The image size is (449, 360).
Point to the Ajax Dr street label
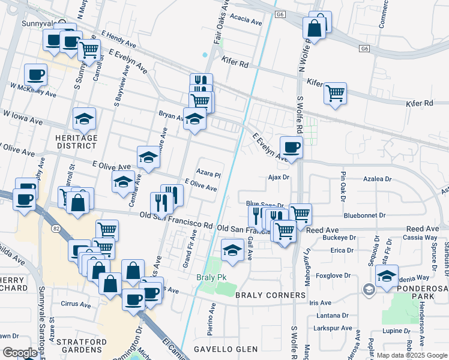(x=279, y=178)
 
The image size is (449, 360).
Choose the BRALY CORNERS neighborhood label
(x=271, y=296)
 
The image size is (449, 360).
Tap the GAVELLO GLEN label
(x=226, y=349)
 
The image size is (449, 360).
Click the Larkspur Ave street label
(x=333, y=328)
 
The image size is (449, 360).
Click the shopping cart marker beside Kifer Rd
(x=335, y=93)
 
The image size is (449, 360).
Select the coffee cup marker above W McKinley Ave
(x=35, y=74)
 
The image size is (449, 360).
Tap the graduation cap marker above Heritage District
(x=84, y=119)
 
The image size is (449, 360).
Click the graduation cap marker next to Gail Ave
(x=232, y=250)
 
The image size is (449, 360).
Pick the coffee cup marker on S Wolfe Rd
(x=292, y=147)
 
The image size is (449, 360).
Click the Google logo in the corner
(x=19, y=353)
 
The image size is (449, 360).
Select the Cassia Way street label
(x=423, y=238)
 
